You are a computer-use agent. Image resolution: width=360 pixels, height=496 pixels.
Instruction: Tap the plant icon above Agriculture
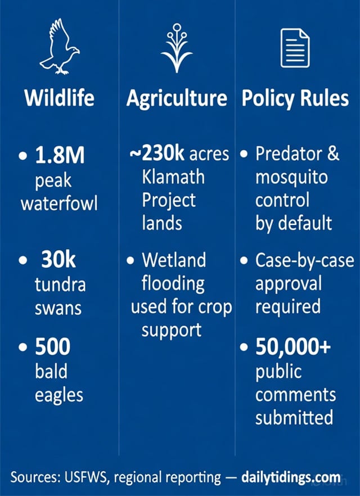coord(177,47)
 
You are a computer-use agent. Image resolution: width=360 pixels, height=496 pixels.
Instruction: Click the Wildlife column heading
coord(59,98)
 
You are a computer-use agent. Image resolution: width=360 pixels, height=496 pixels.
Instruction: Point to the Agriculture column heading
coord(177,98)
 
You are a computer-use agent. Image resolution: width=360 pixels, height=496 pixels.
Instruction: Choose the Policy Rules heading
coord(295,98)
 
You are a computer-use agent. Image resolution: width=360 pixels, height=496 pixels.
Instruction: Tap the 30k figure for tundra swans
coord(58,260)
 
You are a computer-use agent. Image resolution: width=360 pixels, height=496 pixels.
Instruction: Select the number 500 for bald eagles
coord(52,347)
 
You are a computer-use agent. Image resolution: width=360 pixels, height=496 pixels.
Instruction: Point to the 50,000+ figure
coord(292,347)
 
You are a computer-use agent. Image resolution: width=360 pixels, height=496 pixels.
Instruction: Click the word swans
coord(58,308)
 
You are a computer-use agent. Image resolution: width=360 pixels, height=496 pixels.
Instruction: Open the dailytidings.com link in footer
coord(291,478)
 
